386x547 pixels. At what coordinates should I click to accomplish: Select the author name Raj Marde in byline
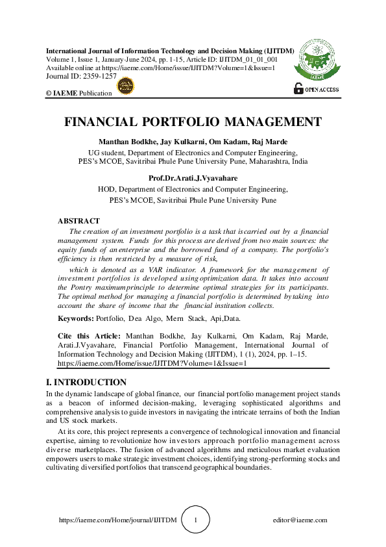point(271,142)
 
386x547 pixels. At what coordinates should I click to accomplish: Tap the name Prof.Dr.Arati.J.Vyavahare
point(193,177)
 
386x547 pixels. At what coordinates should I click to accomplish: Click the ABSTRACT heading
point(78,222)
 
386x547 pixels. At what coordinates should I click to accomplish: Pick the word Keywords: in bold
point(75,318)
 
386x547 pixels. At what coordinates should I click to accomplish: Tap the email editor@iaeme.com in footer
point(300,520)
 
